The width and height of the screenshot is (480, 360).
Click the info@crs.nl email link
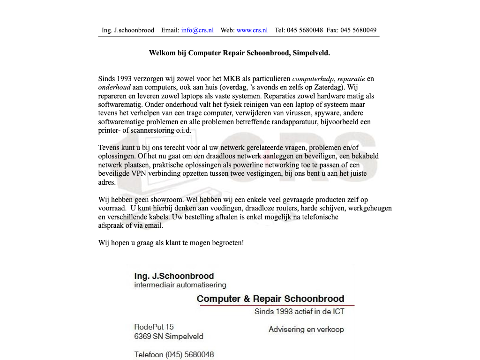[x=197, y=30]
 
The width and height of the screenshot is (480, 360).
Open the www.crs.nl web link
[x=252, y=30]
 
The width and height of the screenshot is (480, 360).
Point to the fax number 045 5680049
[x=358, y=30]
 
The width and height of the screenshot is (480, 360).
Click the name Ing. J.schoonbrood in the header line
[x=128, y=30]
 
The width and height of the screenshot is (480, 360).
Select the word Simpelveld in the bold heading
[x=311, y=53]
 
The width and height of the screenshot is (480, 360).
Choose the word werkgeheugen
[x=370, y=208]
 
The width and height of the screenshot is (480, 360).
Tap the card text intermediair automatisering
[x=180, y=285]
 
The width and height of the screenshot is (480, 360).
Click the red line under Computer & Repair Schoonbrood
[x=277, y=306]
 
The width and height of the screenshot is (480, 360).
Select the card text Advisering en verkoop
[x=306, y=330]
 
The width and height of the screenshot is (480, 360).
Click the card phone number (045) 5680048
[x=189, y=354]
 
